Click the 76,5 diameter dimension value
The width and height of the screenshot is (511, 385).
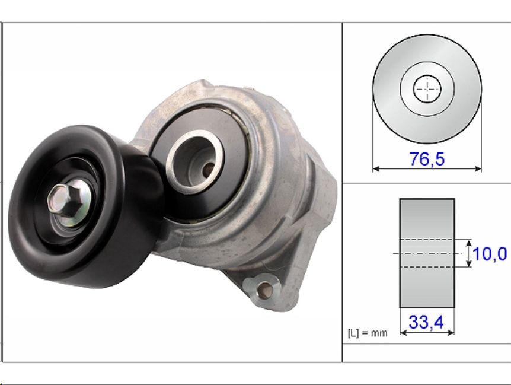pos(427,159)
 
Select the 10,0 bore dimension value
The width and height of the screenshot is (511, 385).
pos(490,254)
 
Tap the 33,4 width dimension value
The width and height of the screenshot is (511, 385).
pos(426,322)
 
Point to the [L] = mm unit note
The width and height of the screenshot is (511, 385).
pos(368,333)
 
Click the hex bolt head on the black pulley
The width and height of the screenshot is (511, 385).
pos(64,198)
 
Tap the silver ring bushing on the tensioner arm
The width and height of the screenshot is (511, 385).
pos(195,161)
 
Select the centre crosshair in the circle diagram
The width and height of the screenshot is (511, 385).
pos(427,88)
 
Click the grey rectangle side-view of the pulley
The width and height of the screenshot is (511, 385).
pos(427,253)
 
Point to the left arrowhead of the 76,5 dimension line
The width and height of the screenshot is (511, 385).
pos(376,168)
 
